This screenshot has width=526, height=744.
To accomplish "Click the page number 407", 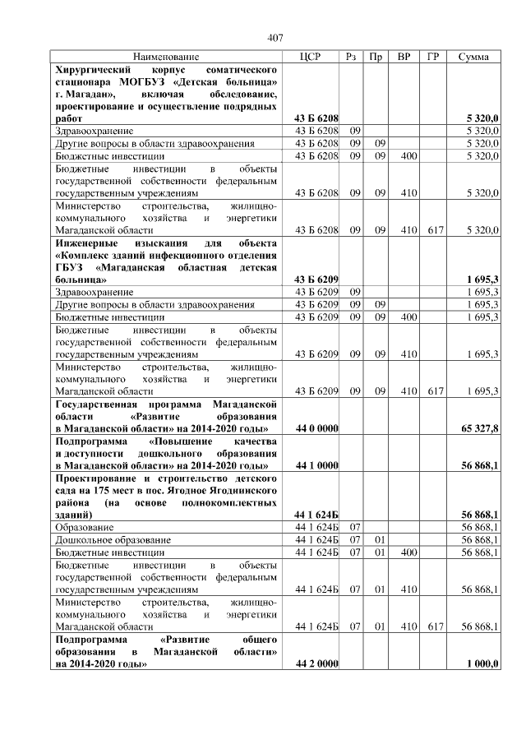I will [x=275, y=38].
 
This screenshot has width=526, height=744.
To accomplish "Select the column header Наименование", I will [x=166, y=57].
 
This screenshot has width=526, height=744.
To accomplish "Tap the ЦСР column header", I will [x=311, y=57].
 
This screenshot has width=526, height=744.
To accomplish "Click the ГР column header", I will [x=432, y=57].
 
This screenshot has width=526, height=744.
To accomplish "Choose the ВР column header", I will [x=404, y=57].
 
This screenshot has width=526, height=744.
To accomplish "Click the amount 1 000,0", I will [x=482, y=663].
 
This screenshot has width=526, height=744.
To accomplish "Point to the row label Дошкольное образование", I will [x=113, y=539].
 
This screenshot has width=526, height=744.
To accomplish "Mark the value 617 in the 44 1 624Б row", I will [x=432, y=626].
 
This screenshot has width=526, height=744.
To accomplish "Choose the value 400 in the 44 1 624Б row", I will [x=404, y=552].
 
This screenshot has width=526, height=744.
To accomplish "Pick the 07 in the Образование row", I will [x=355, y=526].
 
